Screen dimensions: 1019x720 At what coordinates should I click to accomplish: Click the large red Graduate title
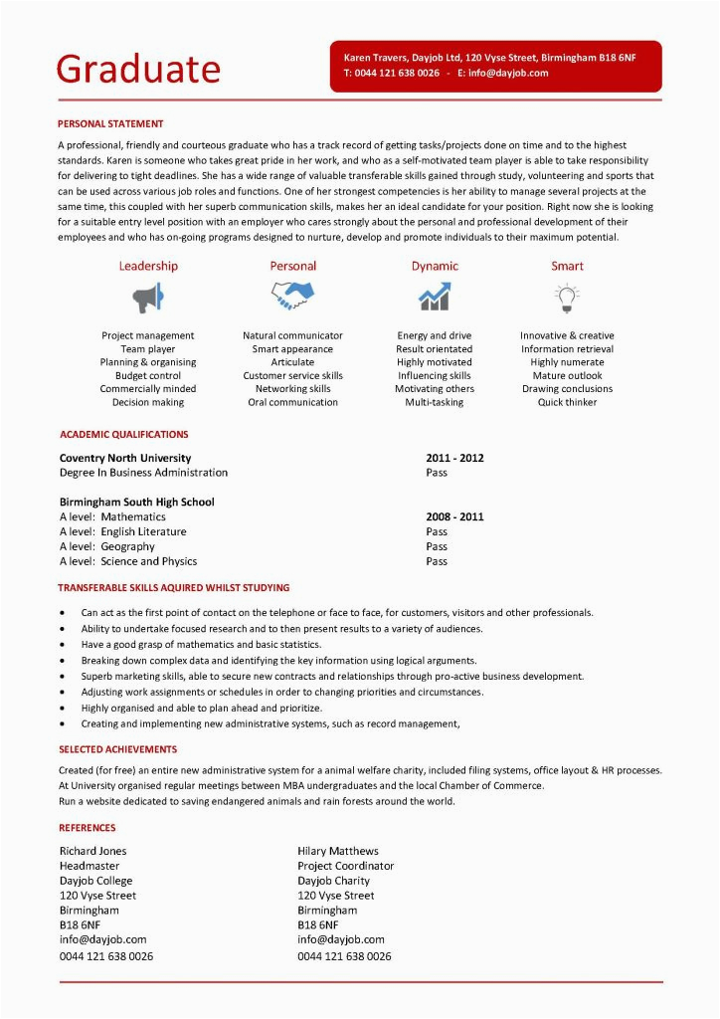(138, 69)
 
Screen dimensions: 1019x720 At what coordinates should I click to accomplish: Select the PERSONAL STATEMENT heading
(110, 124)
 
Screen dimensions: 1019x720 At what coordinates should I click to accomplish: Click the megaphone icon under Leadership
(148, 297)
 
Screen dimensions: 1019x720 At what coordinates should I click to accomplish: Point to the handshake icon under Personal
(292, 296)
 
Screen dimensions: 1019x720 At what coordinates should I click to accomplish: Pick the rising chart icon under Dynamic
(434, 297)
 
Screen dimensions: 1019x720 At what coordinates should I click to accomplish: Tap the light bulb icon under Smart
(567, 297)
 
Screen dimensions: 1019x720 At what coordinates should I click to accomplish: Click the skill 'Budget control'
(148, 376)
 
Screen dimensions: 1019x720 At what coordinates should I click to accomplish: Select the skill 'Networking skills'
(292, 389)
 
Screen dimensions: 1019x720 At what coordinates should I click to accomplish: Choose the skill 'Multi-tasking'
(434, 403)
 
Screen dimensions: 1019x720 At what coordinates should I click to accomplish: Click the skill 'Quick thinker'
(567, 403)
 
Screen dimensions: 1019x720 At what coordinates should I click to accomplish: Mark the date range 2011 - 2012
(454, 458)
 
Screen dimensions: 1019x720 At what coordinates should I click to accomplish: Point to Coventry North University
(125, 458)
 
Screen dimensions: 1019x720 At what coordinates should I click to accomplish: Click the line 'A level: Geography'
(107, 546)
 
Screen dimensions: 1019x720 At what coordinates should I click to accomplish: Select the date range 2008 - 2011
(454, 517)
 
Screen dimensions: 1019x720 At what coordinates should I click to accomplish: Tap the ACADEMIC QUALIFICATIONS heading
(123, 435)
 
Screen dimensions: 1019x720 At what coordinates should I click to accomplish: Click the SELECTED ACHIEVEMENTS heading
(117, 749)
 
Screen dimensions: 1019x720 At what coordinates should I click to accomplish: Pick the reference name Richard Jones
(93, 851)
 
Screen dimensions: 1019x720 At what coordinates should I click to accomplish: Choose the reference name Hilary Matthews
(338, 851)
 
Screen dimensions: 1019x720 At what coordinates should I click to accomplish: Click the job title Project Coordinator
(345, 866)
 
